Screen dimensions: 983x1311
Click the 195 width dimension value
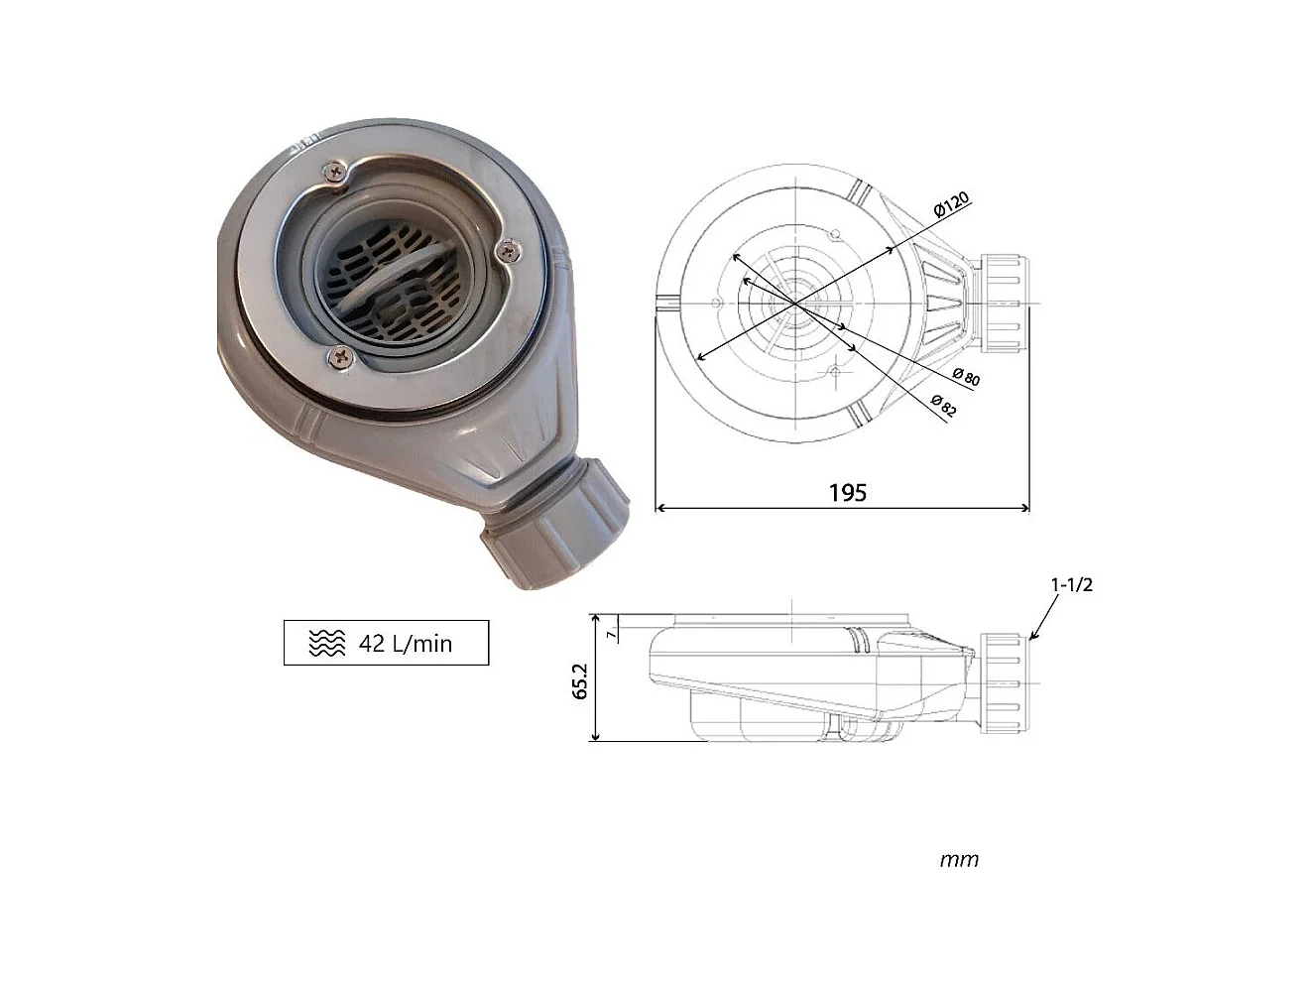(x=847, y=492)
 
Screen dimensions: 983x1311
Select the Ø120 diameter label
(x=950, y=205)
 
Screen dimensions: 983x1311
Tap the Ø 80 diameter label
(x=965, y=377)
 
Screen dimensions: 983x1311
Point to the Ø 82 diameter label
(x=943, y=406)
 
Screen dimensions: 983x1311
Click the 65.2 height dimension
(x=580, y=680)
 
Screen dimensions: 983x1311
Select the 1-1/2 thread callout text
(x=1071, y=584)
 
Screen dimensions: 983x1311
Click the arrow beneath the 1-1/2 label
(x=1039, y=624)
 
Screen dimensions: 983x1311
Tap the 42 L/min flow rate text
(x=405, y=644)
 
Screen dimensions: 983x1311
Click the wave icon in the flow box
(x=327, y=644)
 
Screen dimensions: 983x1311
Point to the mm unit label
(x=958, y=859)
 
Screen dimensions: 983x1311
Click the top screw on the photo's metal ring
(x=333, y=175)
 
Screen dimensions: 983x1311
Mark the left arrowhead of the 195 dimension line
(x=660, y=508)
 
